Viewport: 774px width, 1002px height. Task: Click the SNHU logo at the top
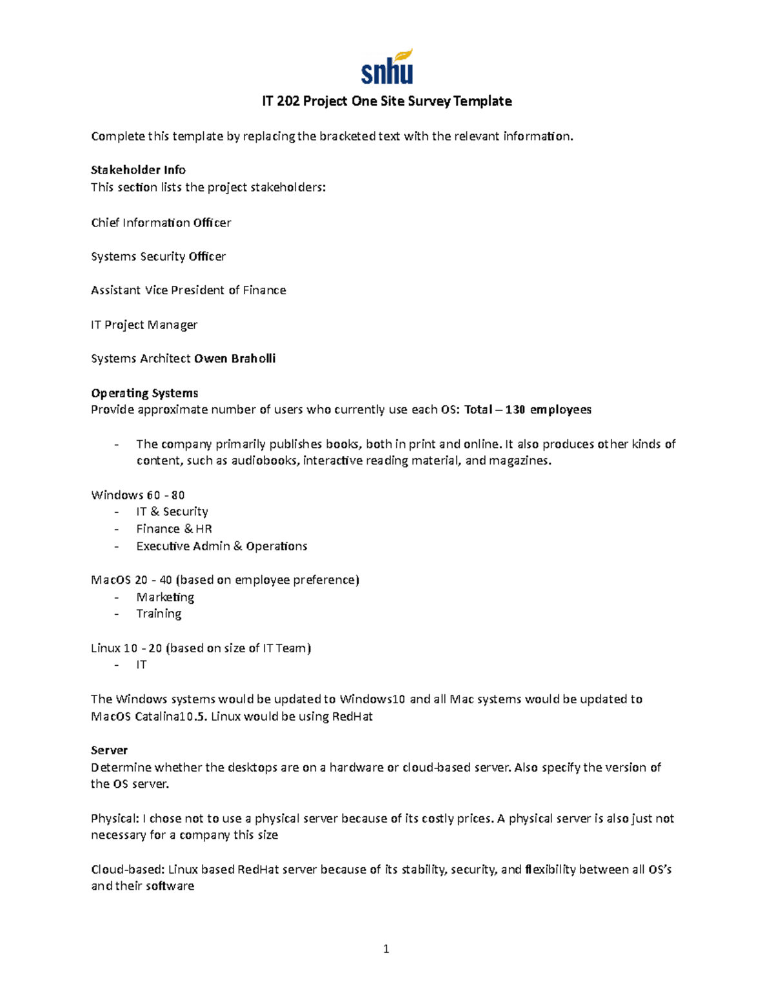386,66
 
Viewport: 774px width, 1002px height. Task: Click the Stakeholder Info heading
138,170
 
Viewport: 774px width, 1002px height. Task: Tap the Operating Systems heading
144,393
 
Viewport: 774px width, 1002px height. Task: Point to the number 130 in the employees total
515,410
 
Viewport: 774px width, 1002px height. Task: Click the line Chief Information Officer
161,223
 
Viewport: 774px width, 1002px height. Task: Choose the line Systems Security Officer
158,256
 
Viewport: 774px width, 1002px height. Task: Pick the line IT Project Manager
144,325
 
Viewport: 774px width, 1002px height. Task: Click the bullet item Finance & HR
174,528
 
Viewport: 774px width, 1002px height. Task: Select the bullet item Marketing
165,597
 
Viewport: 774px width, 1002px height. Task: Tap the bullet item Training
159,614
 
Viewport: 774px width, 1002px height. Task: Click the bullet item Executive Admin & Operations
221,546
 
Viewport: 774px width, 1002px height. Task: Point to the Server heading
109,750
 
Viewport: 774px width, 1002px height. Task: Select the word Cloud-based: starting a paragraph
128,869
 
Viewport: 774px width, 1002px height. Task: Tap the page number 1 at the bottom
386,948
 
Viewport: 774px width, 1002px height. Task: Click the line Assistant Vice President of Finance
188,290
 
